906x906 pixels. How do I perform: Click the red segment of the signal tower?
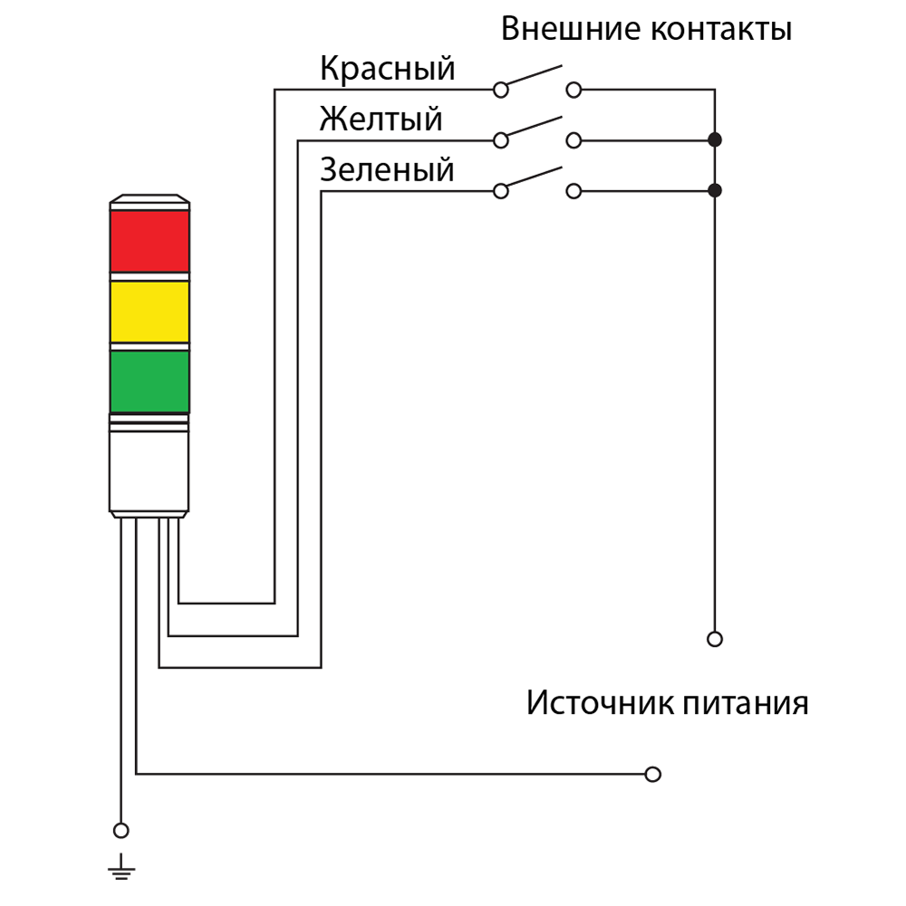[149, 241]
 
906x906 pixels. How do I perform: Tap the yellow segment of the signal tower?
[149, 312]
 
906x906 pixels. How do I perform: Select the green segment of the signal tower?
[149, 382]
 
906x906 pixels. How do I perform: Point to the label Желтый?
[381, 120]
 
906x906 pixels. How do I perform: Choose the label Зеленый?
[387, 170]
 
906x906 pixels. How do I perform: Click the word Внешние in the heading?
[571, 28]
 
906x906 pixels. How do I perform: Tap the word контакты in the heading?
[721, 30]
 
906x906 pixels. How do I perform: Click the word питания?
[746, 703]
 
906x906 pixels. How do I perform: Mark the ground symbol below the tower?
[121, 867]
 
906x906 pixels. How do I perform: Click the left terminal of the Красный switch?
[501, 90]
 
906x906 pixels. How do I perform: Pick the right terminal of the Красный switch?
[573, 90]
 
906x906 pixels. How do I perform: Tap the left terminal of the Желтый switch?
[501, 140]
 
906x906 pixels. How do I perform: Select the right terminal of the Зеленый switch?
[573, 191]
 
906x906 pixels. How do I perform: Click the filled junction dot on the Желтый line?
[715, 140]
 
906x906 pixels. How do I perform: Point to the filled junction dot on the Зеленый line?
[715, 190]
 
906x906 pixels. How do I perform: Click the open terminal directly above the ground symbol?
[120, 831]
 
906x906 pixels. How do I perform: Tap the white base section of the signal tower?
[149, 471]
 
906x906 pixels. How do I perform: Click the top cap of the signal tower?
[149, 202]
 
